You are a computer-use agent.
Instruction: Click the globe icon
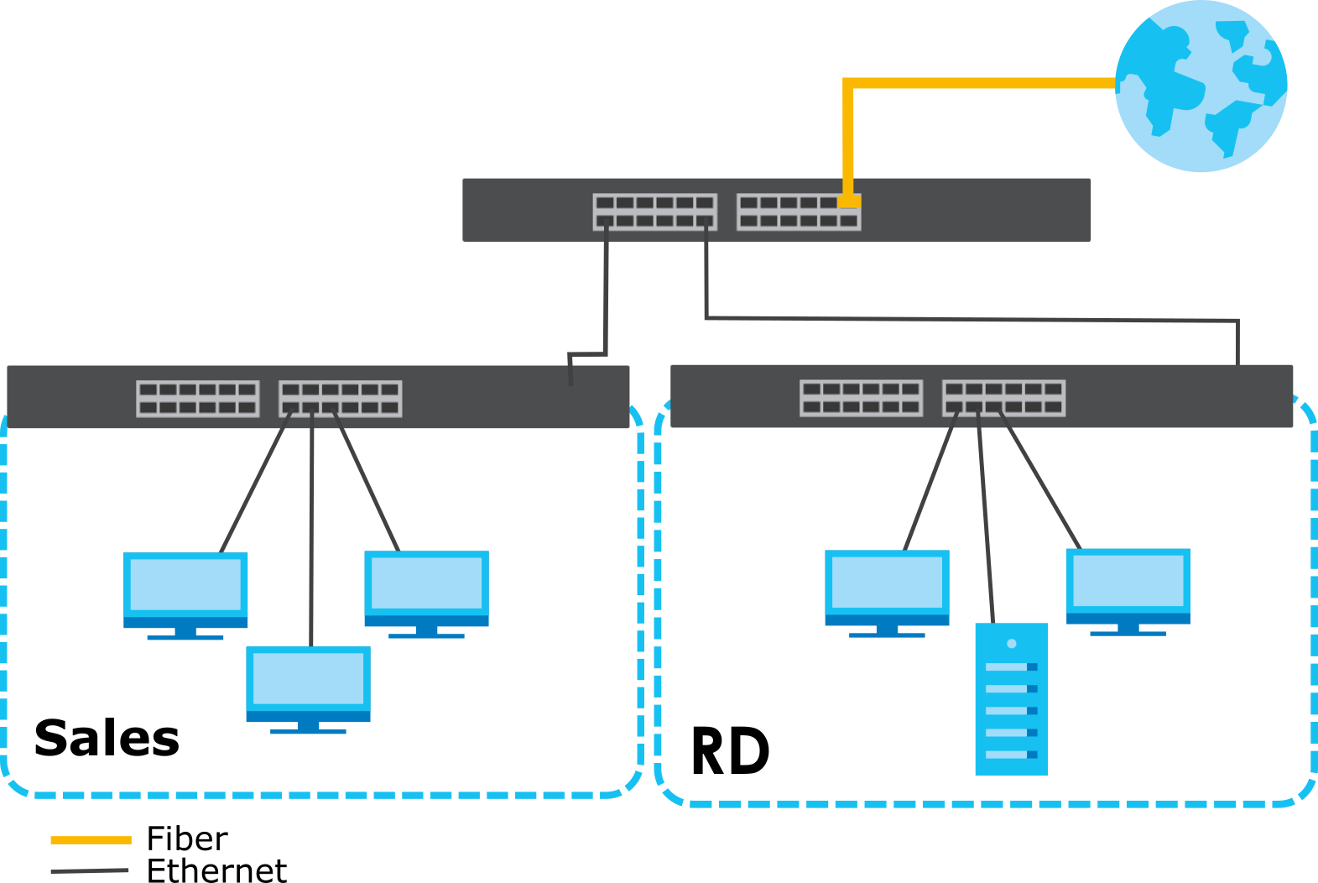point(1201,86)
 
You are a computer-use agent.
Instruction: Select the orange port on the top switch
point(849,201)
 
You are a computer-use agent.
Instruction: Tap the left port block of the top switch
point(654,212)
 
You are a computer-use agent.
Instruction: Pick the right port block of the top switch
point(798,212)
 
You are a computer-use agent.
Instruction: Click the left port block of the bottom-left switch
point(198,399)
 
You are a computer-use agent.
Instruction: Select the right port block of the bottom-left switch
point(341,399)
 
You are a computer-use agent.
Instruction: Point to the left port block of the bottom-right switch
point(862,398)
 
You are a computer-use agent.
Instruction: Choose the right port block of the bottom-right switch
point(1003,398)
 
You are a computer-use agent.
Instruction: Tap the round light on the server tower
point(1011,644)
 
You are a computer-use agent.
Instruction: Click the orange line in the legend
point(91,839)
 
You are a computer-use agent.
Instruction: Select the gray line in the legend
point(90,870)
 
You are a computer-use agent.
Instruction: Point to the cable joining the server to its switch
point(986,520)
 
